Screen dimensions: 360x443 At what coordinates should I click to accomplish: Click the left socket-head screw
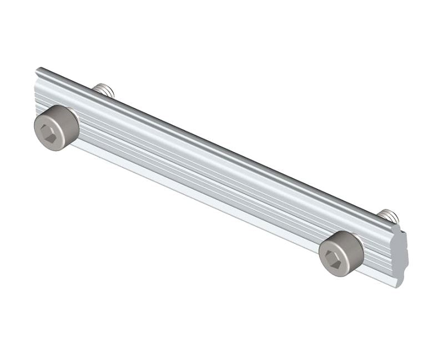[56, 128]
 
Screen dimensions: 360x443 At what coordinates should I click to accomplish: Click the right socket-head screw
[341, 253]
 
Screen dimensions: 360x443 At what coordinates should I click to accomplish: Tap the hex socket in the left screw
[49, 133]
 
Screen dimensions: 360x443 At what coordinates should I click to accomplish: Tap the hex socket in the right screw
[334, 259]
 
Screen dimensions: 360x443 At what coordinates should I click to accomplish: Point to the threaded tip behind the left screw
[104, 90]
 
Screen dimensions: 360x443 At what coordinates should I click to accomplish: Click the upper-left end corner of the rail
[39, 70]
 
